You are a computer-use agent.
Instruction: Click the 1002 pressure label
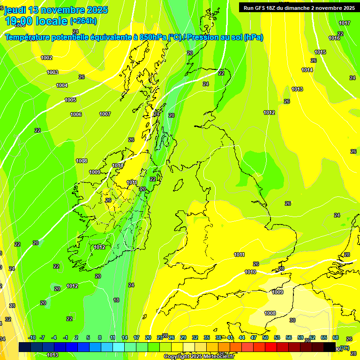click(46, 58)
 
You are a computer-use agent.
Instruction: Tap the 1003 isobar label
click(52, 72)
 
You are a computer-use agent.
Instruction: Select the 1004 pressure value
click(62, 85)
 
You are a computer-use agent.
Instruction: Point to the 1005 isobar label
click(70, 100)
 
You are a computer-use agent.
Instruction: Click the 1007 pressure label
click(105, 114)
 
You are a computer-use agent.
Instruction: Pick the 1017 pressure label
click(345, 23)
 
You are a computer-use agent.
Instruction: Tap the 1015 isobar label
click(320, 52)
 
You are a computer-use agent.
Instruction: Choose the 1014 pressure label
click(307, 70)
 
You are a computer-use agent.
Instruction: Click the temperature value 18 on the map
click(116, 300)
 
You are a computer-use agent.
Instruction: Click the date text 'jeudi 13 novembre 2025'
click(56, 10)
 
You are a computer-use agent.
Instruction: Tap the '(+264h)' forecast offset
click(83, 21)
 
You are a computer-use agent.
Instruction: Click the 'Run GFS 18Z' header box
click(298, 8)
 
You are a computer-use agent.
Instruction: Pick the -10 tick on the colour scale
click(32, 337)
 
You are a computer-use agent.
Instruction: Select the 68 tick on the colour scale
click(336, 337)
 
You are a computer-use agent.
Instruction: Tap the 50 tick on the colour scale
click(265, 337)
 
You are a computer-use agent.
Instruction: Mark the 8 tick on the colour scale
click(100, 337)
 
